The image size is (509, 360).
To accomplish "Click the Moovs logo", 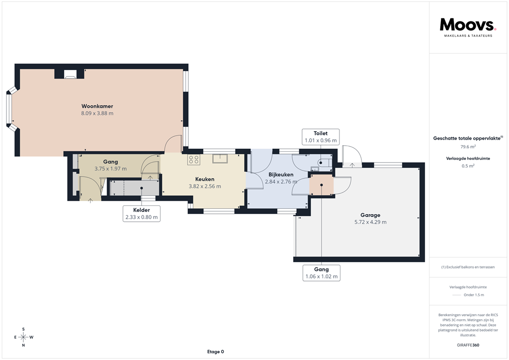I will pyautogui.click(x=468, y=25).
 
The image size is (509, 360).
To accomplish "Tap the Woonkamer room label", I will pyautogui.click(x=97, y=106).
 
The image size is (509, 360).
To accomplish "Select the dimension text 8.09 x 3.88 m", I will pyautogui.click(x=97, y=113).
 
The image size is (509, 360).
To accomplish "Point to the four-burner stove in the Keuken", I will pyautogui.click(x=194, y=160).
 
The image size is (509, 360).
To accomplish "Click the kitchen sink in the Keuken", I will pyautogui.click(x=219, y=159).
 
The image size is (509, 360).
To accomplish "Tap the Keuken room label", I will pyautogui.click(x=204, y=179).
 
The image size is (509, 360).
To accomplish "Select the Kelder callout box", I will pyautogui.click(x=142, y=213).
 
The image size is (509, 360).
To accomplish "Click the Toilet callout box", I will pyautogui.click(x=321, y=137).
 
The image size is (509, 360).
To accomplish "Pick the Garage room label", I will pyautogui.click(x=370, y=215).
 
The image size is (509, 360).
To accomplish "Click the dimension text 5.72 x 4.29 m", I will pyautogui.click(x=370, y=222).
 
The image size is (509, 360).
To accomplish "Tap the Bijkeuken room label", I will pyautogui.click(x=281, y=175).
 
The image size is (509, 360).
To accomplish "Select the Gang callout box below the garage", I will pyautogui.click(x=321, y=272).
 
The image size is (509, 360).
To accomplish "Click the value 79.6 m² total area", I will pyautogui.click(x=468, y=147).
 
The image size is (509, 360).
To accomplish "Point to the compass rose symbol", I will pyautogui.click(x=23, y=337).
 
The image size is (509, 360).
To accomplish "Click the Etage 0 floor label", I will pyautogui.click(x=215, y=352).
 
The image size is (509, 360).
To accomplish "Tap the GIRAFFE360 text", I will pyautogui.click(x=468, y=345).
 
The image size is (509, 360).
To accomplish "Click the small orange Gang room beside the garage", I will pyautogui.click(x=321, y=184).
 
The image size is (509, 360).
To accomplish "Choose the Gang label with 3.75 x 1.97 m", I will pyautogui.click(x=110, y=162).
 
